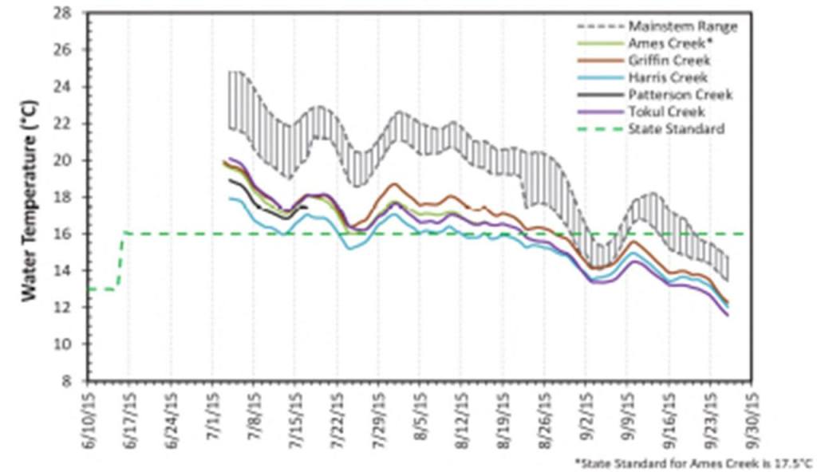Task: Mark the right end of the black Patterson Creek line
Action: (x=307, y=207)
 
